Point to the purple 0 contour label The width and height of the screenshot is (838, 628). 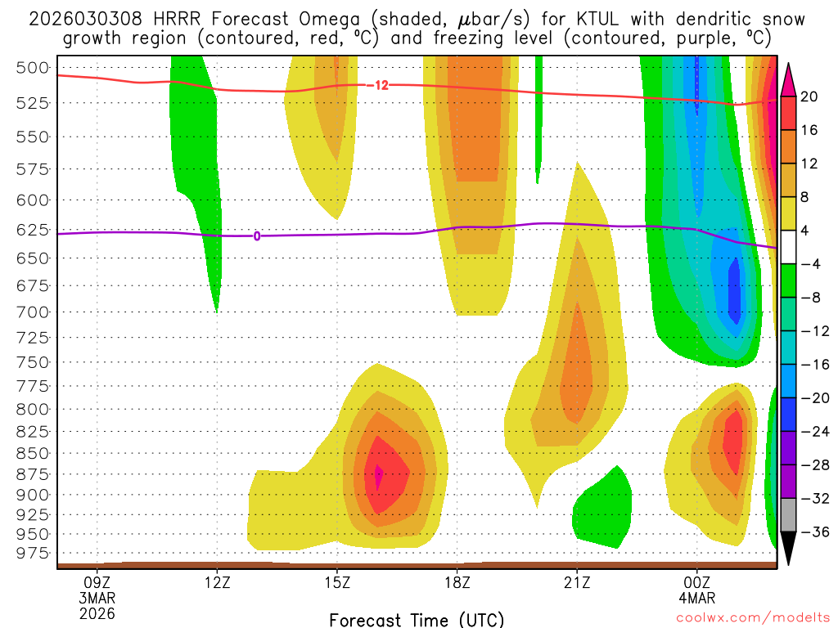coord(257,236)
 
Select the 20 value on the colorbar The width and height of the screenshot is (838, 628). coord(810,96)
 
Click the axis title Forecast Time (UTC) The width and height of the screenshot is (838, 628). coord(417,619)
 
